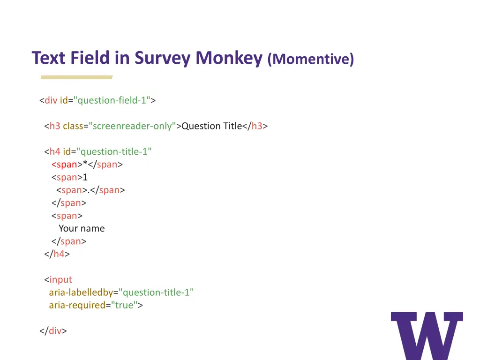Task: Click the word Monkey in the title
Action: point(229,58)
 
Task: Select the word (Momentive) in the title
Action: point(311,60)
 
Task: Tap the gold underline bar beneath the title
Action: point(76,77)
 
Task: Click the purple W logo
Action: point(427,335)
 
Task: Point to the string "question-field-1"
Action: point(112,100)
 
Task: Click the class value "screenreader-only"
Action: point(132,126)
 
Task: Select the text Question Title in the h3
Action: point(211,126)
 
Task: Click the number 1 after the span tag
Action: point(85,177)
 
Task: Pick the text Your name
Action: point(82,229)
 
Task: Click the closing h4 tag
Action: point(57,254)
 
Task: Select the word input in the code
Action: point(61,280)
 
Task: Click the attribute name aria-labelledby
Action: point(81,292)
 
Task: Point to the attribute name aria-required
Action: point(77,305)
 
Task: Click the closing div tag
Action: point(53,331)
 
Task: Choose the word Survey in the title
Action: point(163,58)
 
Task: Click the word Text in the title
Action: point(50,58)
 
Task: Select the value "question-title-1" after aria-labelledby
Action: point(156,292)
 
